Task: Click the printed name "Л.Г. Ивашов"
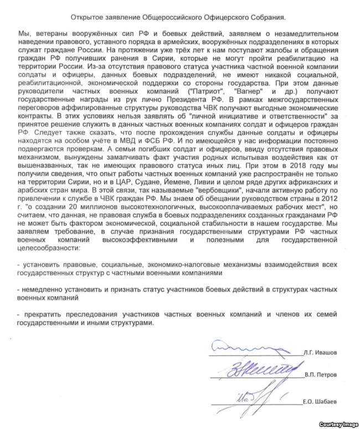click(322, 353)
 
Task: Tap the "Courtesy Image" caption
click(338, 423)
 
